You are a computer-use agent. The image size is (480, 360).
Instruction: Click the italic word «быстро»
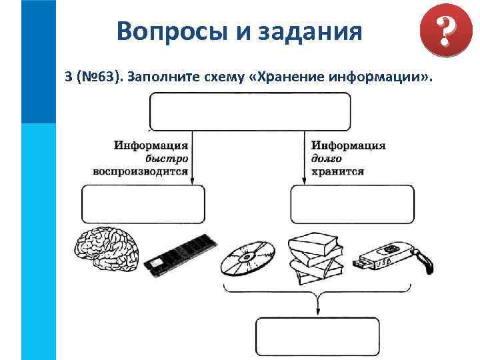tap(167, 159)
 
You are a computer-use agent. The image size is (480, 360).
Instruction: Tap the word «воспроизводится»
tap(140, 171)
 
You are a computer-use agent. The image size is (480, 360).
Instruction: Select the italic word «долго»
tap(327, 159)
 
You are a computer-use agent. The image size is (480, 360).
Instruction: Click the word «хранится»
tap(337, 171)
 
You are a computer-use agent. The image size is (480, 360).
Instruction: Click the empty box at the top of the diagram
tap(250, 111)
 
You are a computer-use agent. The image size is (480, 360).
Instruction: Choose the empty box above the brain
tap(143, 204)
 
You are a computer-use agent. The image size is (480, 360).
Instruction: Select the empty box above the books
tap(352, 204)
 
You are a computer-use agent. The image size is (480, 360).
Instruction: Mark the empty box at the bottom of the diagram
tap(317, 337)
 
